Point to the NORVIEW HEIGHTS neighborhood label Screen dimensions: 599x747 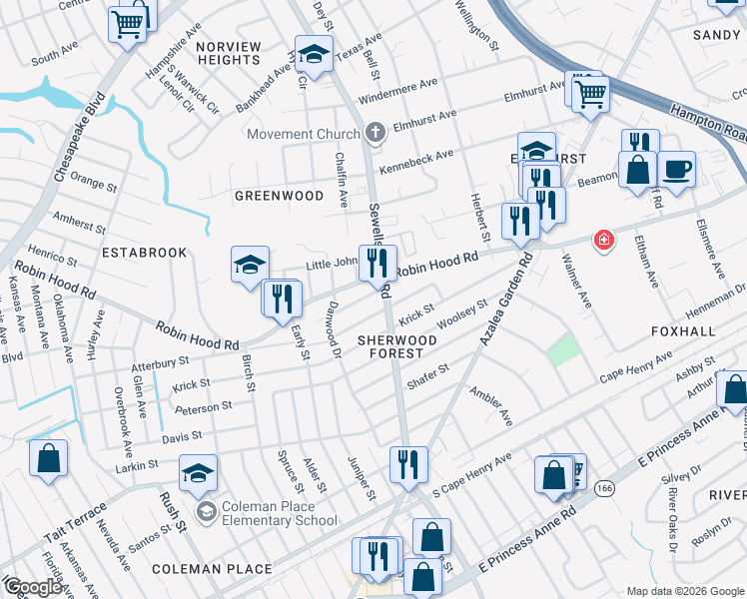(x=229, y=53)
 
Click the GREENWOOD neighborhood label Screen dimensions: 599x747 (x=279, y=196)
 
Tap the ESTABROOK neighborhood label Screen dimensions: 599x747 (x=144, y=253)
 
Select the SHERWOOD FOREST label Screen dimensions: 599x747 (x=397, y=346)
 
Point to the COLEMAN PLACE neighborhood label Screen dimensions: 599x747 (x=212, y=569)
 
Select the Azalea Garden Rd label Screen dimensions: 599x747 (x=506, y=299)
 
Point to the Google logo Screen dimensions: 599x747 (x=33, y=587)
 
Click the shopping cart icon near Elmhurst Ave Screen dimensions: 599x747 (x=590, y=93)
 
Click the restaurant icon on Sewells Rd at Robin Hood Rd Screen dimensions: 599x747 (x=376, y=263)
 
